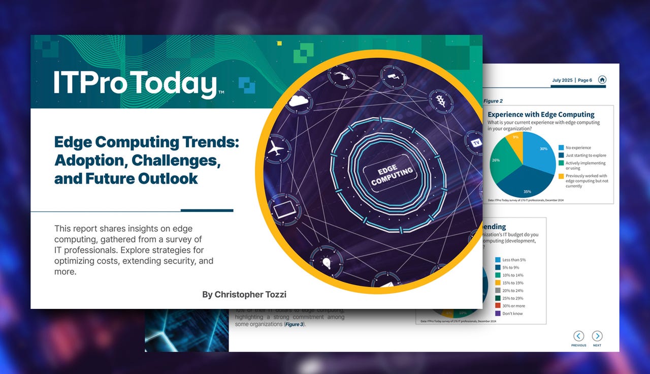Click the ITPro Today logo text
[135, 84]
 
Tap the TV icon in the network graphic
[476, 143]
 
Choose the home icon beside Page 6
[602, 80]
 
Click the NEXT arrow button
[597, 336]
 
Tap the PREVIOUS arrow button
[578, 336]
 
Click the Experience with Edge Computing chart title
[541, 114]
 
